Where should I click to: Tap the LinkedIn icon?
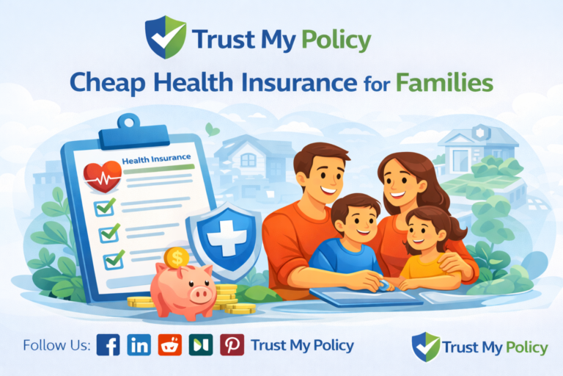(139, 344)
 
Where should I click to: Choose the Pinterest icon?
(232, 344)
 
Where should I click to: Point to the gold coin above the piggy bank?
(175, 256)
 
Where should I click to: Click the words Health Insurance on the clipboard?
(156, 158)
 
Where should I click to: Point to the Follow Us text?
(56, 345)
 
